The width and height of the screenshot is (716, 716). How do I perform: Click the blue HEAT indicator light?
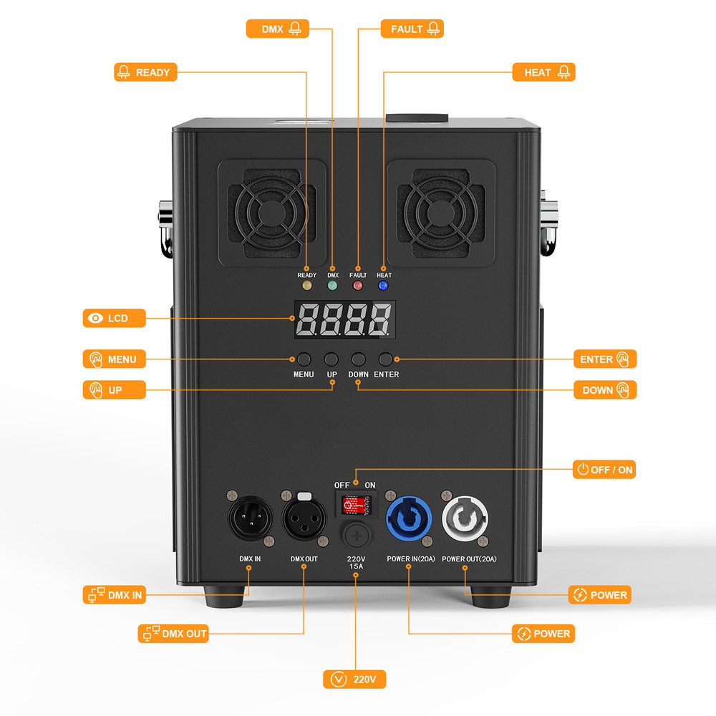pyautogui.click(x=383, y=286)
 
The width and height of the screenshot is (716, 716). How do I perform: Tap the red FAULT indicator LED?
pyautogui.click(x=357, y=286)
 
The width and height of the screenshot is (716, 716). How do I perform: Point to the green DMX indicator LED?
pyautogui.click(x=332, y=286)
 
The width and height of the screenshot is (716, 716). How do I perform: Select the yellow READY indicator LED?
pyautogui.click(x=307, y=286)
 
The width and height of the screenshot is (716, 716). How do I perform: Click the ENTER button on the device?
pyautogui.click(x=386, y=359)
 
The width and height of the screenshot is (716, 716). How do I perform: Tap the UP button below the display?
pyautogui.click(x=332, y=359)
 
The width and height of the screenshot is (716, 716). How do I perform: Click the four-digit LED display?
pyautogui.click(x=344, y=319)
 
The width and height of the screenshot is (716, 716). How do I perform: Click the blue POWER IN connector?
pyautogui.click(x=407, y=518)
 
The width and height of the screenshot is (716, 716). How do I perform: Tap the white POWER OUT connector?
pyautogui.click(x=464, y=518)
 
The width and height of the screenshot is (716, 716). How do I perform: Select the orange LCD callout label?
pyautogui.click(x=115, y=318)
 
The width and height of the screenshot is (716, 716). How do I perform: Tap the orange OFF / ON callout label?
pyautogui.click(x=604, y=470)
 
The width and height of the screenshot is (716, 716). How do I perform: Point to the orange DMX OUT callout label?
pyautogui.click(x=173, y=634)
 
